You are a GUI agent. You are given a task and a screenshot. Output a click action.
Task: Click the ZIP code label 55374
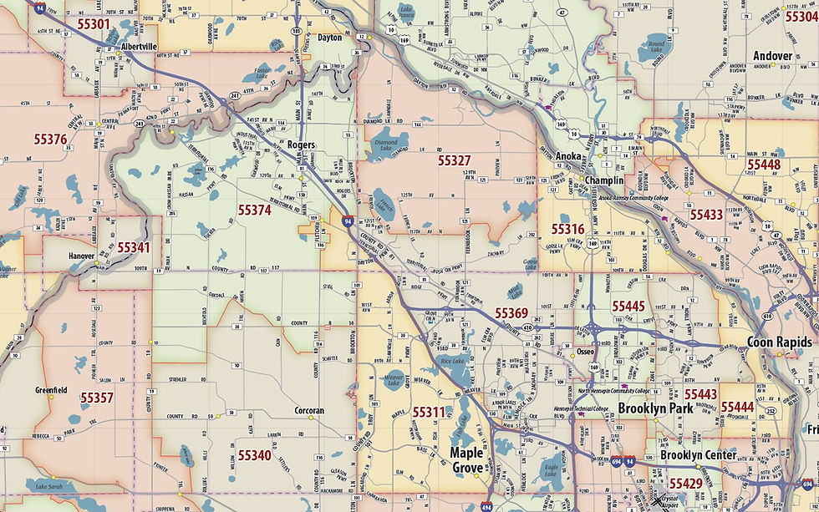254,210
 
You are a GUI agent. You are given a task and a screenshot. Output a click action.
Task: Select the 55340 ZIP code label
254,455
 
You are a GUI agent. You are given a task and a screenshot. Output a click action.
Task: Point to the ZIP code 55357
97,398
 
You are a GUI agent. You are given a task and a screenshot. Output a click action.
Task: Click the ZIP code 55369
511,313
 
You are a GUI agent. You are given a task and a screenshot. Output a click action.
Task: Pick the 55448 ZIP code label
764,165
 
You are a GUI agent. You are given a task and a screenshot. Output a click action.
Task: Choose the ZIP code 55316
567,229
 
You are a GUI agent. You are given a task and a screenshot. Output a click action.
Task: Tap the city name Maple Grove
467,460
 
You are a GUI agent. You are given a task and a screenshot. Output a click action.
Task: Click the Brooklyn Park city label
656,409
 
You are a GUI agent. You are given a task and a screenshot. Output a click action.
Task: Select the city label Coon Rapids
780,342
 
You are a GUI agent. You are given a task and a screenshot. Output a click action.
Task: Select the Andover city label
772,56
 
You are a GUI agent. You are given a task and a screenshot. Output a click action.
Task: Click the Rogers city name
301,144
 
